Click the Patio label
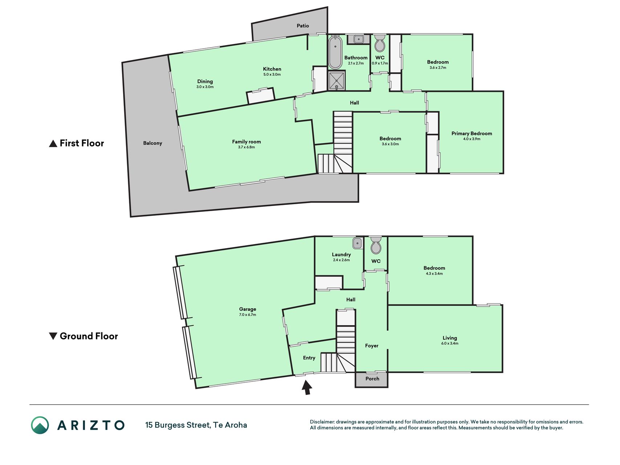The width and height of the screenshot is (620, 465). coord(303,26)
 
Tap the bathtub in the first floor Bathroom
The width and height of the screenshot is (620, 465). coord(335,52)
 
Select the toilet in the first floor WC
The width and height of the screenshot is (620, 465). coord(380,43)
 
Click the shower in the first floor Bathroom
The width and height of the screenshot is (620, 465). coord(337,80)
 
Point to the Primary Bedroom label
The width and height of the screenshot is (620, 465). coord(471,133)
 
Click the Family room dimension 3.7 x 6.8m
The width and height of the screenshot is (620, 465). coord(246,147)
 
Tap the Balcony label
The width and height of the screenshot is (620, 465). coord(153,143)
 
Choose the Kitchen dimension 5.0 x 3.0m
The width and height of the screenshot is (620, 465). coord(272,74)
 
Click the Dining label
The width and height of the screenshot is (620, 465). coord(205,81)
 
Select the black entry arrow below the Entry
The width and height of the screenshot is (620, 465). coord(307,387)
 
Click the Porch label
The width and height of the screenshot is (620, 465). coord(372,379)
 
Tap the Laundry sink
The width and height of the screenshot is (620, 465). coord(357,243)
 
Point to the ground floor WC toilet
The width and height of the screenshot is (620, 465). coord(376,245)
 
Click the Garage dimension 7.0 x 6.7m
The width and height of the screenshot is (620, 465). coord(247,315)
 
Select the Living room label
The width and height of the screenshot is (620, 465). coord(450,338)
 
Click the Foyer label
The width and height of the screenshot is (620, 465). coord(372,345)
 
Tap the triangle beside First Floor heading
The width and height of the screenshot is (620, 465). coord(53,143)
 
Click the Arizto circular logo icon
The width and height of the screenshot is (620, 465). coord(40,425)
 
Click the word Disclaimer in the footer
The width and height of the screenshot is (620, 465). coord(322,422)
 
